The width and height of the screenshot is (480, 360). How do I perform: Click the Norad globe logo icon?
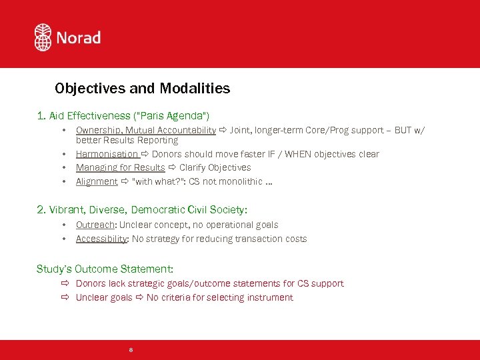click(x=43, y=37)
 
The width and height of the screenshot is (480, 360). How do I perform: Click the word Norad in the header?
click(x=78, y=38)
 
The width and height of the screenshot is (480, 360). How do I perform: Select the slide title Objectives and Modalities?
click(x=143, y=88)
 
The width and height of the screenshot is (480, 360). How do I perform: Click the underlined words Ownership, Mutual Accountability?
click(x=146, y=130)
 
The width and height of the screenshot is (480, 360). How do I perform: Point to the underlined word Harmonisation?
click(x=107, y=154)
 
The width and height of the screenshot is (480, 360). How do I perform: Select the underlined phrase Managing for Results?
click(x=121, y=167)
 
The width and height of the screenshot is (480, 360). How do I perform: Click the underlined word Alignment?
click(x=97, y=181)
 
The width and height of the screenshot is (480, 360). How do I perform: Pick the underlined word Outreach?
click(x=95, y=225)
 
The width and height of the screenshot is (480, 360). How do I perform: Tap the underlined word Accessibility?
click(x=101, y=239)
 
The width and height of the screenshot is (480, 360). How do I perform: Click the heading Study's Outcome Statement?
click(x=105, y=269)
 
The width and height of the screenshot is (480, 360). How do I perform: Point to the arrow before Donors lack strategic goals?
click(x=65, y=283)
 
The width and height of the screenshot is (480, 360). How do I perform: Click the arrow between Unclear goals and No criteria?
click(x=139, y=297)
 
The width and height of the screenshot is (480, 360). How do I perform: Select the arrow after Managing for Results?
click(x=172, y=167)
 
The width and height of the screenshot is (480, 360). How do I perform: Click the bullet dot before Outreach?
click(x=64, y=225)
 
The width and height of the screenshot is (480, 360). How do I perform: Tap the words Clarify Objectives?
click(x=215, y=167)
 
